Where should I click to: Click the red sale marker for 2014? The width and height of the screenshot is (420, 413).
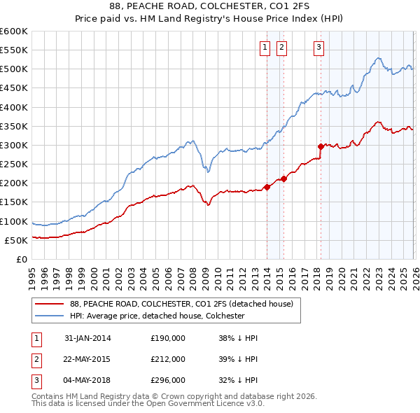tap(267, 187)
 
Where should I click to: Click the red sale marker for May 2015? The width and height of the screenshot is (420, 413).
tap(283, 178)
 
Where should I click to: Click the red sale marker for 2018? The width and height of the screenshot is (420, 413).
tap(321, 146)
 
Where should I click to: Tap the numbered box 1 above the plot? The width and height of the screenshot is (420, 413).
tap(266, 48)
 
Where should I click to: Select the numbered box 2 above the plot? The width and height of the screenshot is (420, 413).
tap(281, 48)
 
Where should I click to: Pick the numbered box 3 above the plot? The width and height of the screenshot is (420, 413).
tap(318, 48)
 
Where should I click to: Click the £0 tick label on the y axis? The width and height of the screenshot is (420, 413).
tap(21, 259)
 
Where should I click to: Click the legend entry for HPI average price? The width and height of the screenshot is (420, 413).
tap(157, 316)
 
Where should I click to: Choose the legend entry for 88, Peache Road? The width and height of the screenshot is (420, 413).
tap(185, 304)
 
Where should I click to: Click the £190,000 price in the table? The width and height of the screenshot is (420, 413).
tap(168, 338)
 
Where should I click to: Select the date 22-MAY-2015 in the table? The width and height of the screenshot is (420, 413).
tap(87, 358)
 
